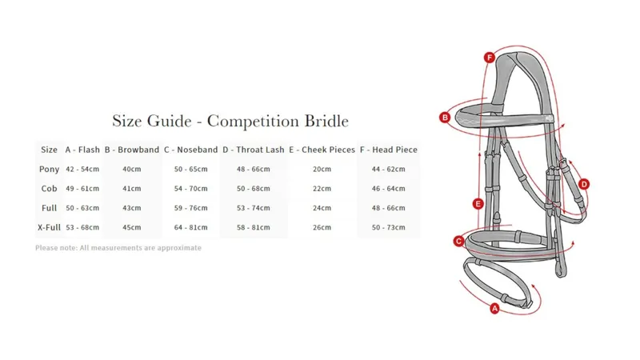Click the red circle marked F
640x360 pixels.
coord(489,58)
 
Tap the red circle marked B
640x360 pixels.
coord(445,118)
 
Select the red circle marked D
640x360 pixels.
coord(584,185)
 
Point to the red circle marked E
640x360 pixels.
coord(478,204)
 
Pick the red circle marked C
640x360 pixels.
coord(458,242)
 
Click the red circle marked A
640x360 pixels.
coord(494,308)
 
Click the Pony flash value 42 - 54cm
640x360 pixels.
coord(82,169)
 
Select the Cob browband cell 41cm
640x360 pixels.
coord(132,189)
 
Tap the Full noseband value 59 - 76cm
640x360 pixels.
coord(190,208)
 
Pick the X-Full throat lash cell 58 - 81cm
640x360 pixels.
coord(253,227)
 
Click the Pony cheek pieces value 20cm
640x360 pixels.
coord(322,169)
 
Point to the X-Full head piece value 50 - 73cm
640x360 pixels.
coord(389,227)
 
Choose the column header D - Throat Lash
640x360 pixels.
coord(253,150)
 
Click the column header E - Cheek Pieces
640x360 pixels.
coord(322,150)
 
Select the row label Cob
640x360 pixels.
coord(49,189)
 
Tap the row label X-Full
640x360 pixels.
coord(49,227)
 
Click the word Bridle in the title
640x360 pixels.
coord(326,121)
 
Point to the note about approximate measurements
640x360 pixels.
coord(118,248)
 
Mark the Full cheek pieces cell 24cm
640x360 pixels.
coord(322,208)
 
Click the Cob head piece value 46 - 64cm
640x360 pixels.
coord(389,189)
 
